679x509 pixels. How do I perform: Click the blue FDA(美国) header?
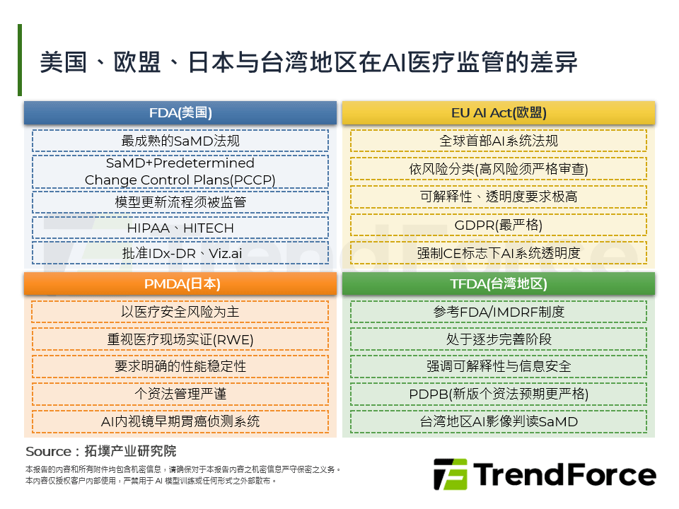pos(180,113)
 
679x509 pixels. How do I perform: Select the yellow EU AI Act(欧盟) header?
pos(499,113)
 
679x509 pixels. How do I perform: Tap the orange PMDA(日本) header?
pos(180,284)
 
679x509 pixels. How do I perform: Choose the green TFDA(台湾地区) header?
pos(499,284)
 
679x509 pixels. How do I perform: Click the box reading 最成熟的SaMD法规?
pos(180,141)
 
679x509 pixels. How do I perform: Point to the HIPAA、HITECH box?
pos(180,228)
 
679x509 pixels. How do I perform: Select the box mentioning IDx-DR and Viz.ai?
pos(180,253)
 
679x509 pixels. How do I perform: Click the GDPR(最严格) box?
pos(499,225)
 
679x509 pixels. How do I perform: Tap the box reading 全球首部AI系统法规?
pos(499,141)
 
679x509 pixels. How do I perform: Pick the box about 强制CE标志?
pos(499,253)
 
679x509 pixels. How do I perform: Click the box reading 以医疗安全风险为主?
pos(180,312)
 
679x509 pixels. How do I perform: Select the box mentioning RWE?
pos(180,339)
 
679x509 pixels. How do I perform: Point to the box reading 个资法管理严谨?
pos(180,394)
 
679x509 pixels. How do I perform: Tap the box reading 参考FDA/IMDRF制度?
pos(499,312)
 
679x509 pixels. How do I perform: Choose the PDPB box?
pos(499,394)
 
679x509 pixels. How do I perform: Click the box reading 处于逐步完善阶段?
pos(499,339)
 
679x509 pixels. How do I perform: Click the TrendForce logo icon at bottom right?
pos(451,474)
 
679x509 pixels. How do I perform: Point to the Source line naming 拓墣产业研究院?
pos(101,451)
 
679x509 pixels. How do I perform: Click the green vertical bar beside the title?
pos(20,60)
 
